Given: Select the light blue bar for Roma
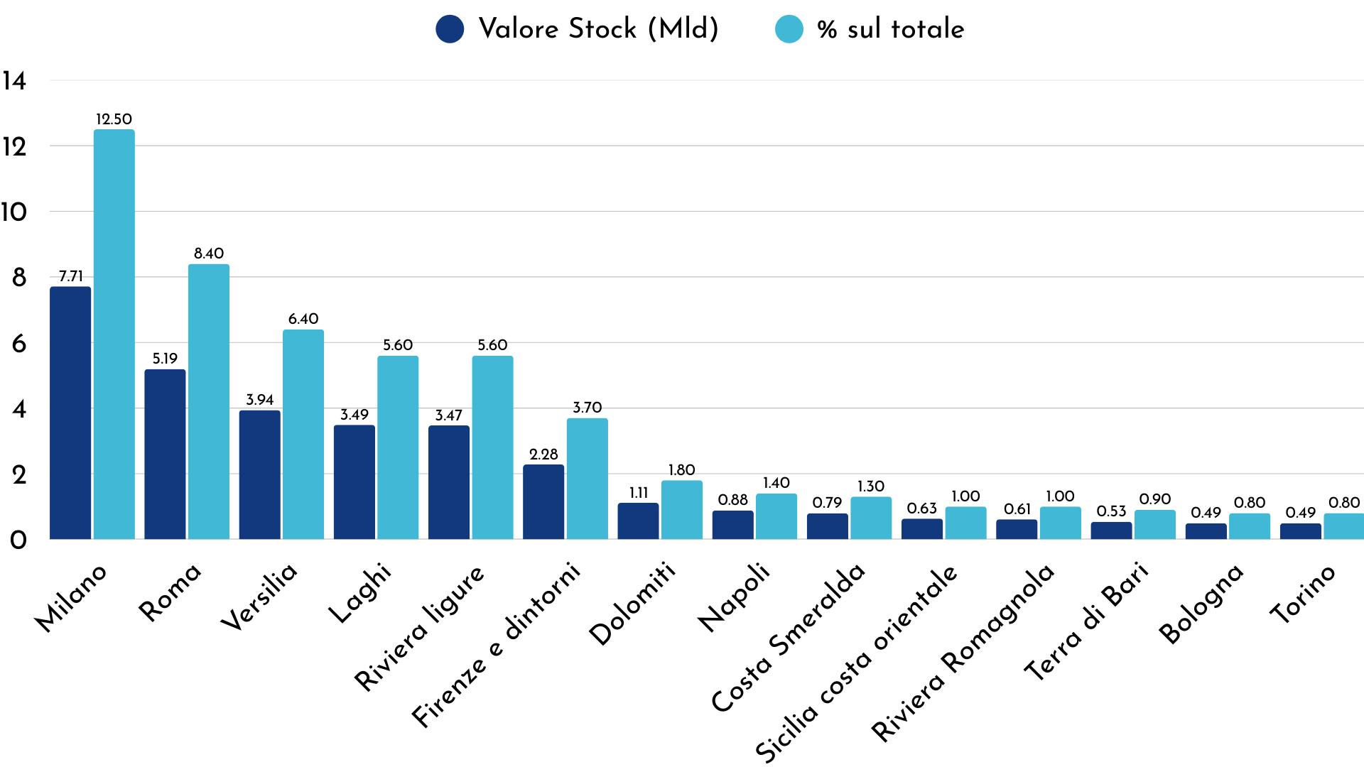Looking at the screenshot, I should [209, 402].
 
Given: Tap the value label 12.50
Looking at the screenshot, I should [114, 119].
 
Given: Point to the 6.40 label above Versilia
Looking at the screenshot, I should [303, 319].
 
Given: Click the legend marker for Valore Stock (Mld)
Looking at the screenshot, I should [450, 29].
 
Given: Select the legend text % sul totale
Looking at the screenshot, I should [890, 29].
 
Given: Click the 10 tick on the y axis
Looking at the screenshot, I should [14, 212].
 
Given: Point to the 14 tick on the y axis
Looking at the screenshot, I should [14, 81].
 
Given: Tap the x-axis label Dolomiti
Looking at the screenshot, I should [632, 604].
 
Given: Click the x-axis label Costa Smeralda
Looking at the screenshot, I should [789, 639].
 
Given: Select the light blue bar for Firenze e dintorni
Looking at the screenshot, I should [587, 479].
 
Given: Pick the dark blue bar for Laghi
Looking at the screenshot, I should [354, 482].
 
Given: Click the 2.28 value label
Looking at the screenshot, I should [543, 455].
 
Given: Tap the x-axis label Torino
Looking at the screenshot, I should [1303, 595].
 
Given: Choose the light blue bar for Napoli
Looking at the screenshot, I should [776, 516].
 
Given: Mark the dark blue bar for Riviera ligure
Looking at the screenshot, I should [449, 482].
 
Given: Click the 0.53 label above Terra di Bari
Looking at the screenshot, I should [1111, 511].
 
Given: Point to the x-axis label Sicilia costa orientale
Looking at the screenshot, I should [857, 664].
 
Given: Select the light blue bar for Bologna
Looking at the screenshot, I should [1249, 526].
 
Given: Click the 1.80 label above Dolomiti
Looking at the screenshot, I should [681, 470].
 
